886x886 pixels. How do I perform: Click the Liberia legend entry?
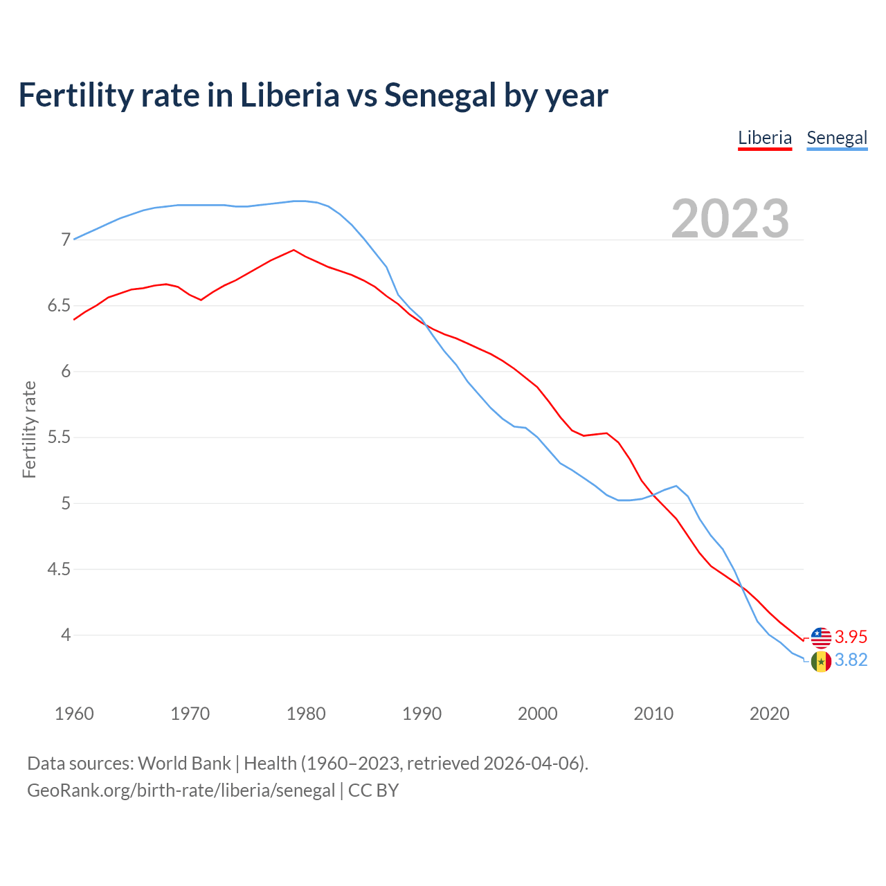(764, 138)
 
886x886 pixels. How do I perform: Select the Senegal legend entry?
(836, 138)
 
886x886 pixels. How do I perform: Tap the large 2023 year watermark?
(730, 219)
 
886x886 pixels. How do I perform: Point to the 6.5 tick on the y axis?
(59, 306)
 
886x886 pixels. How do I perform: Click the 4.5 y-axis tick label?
(59, 570)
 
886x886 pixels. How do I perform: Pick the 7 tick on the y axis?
(66, 240)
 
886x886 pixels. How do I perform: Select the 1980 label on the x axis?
(306, 714)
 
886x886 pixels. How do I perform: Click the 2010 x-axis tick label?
(653, 714)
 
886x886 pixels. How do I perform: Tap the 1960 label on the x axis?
(74, 714)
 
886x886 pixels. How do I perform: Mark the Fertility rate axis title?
(29, 429)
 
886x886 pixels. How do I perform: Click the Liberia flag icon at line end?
(821, 638)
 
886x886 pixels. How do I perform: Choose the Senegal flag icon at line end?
(821, 662)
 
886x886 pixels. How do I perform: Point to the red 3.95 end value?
(851, 637)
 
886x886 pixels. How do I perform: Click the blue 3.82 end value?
(851, 660)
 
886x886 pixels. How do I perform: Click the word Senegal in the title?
(440, 95)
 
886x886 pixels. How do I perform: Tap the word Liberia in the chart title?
(289, 95)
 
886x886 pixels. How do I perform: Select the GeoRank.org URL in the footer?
(181, 790)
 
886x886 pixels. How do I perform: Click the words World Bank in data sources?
(184, 763)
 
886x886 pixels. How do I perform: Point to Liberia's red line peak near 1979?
(293, 250)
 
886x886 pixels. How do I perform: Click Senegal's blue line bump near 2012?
(676, 486)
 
